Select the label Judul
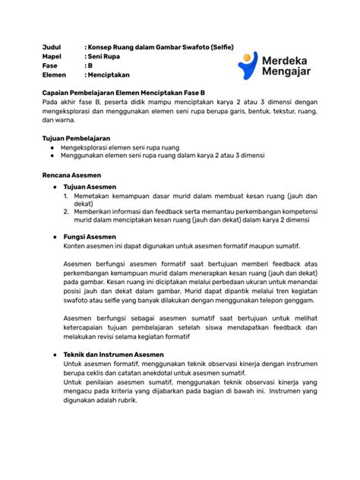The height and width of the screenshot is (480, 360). click(52, 48)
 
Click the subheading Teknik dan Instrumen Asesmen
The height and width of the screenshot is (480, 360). click(115, 355)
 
